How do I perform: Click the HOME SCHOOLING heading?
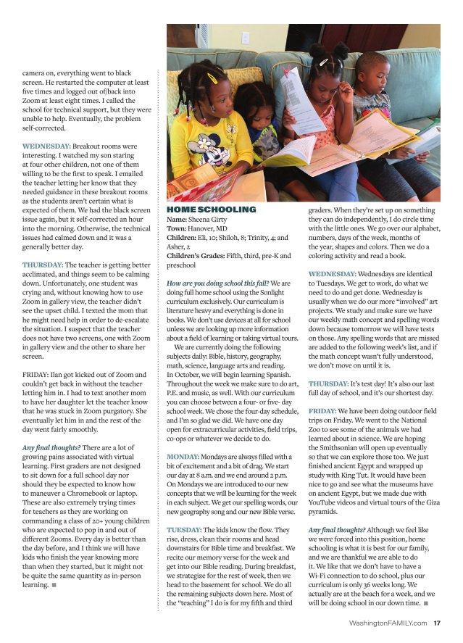[211, 210]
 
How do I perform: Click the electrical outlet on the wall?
[246, 38]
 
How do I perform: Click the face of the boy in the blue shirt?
[374, 75]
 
